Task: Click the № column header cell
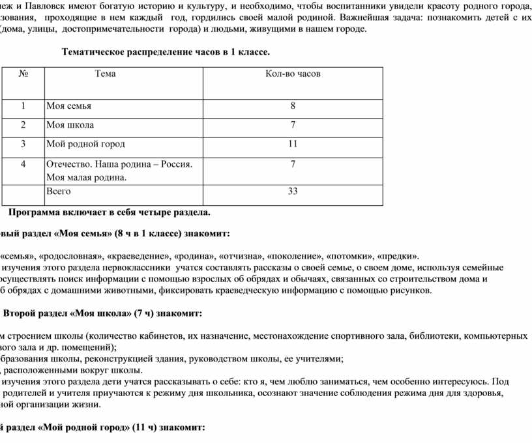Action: (x=23, y=74)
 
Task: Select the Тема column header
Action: (x=105, y=74)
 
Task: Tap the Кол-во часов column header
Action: (x=293, y=74)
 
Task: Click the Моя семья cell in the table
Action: (x=68, y=106)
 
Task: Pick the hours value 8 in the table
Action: (x=293, y=106)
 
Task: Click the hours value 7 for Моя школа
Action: (x=293, y=124)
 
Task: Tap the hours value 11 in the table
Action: (x=293, y=143)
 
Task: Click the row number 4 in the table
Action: (x=23, y=164)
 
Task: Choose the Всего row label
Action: (x=59, y=192)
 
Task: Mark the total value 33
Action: (x=293, y=192)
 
